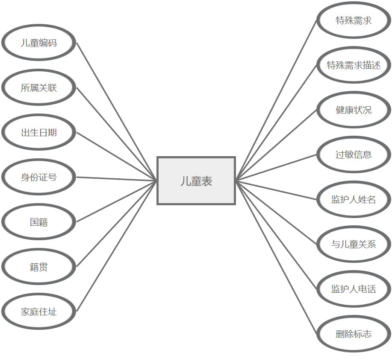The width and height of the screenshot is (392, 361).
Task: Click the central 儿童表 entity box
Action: click(x=196, y=181)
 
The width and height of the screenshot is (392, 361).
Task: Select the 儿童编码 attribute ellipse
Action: click(x=39, y=43)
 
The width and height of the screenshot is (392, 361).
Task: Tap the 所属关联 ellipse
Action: click(x=39, y=87)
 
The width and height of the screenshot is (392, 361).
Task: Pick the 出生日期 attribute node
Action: click(x=39, y=132)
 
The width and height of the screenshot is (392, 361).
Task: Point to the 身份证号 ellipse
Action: click(x=39, y=177)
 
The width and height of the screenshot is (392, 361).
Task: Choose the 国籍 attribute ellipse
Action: click(x=39, y=222)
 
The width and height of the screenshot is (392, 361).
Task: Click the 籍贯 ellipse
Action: click(x=39, y=267)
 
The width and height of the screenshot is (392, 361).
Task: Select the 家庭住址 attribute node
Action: click(x=39, y=312)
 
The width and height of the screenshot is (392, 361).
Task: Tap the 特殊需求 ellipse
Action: click(x=354, y=20)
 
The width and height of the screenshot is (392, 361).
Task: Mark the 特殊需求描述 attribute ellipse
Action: click(x=354, y=65)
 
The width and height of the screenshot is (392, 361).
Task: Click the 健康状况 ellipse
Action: click(x=354, y=110)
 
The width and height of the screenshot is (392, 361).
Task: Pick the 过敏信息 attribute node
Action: click(x=354, y=154)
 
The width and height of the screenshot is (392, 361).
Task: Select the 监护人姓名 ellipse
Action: click(x=354, y=199)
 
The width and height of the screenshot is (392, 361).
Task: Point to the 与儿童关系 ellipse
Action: click(x=354, y=244)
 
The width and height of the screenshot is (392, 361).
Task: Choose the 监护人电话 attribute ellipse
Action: click(x=354, y=289)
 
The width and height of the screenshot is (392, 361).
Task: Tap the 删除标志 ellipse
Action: click(x=354, y=334)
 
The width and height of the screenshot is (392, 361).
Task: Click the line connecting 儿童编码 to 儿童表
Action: click(x=117, y=112)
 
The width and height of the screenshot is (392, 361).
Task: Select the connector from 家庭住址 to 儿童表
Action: click(x=117, y=246)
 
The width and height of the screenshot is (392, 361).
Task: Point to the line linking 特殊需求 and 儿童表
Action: click(x=277, y=100)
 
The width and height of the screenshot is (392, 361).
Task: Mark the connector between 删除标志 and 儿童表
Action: click(x=277, y=257)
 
